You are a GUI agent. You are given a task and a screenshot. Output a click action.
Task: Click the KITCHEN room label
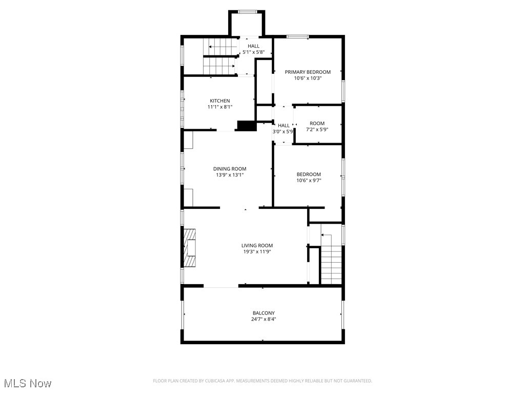pos(219,101)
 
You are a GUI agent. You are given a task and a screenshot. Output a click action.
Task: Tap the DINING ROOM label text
pos(230,169)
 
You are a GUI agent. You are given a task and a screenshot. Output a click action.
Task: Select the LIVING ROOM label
pos(257,246)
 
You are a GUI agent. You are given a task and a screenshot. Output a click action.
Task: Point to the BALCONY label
pos(264,313)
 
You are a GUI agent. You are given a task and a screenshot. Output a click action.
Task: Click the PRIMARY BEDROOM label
pos(308,72)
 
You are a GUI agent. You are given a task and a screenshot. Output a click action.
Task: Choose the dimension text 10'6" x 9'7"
pos(309,181)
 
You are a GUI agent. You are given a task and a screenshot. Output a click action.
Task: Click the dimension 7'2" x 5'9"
pos(317,130)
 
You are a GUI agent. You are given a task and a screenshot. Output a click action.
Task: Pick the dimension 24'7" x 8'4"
pos(264,319)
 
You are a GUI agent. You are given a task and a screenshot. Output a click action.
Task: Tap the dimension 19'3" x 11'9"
pos(257,252)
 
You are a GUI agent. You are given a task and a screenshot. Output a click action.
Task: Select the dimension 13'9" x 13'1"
pos(230,175)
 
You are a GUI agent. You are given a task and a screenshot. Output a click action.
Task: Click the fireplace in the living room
pos(191,248)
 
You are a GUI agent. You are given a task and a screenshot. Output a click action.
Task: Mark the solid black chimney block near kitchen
pos(247,126)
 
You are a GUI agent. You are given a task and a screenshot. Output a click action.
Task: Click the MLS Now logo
pos(28,383)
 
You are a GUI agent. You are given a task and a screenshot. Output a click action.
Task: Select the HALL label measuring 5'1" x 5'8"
pos(253,46)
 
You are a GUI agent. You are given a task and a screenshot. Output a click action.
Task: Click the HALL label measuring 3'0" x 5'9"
pos(284,125)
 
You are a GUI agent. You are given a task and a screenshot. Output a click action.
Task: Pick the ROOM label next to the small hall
pos(317,124)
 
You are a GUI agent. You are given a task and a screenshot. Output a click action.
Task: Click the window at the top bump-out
pos(247,12)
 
